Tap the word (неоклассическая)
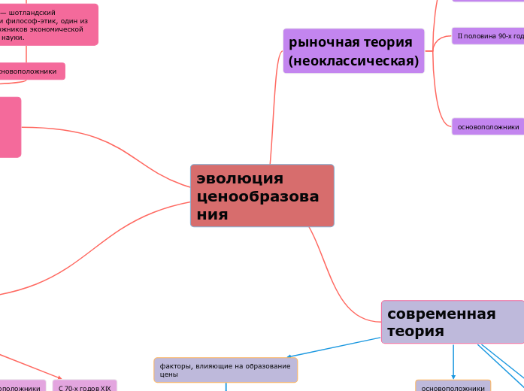tap(353, 61)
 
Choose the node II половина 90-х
tap(489, 36)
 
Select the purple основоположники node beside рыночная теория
tap(488, 126)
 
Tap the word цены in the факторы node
tap(168, 374)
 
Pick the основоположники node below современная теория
tap(453, 387)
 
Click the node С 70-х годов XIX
tap(85, 387)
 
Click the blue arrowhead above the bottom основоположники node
tap(453, 376)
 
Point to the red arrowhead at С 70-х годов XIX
tap(61, 377)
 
